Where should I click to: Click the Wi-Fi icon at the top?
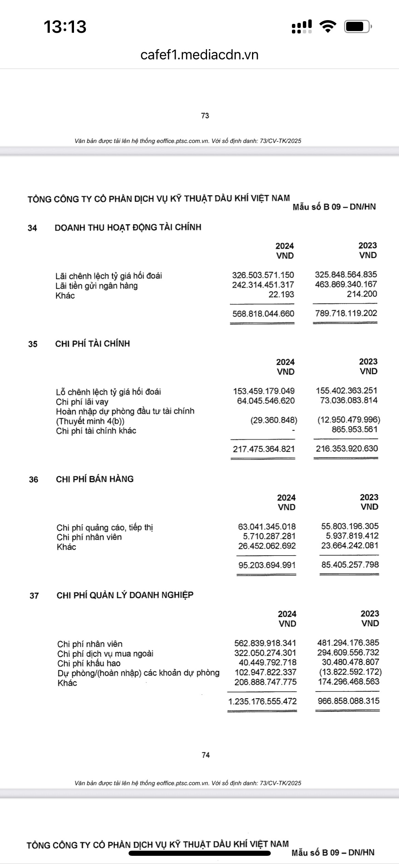(328, 27)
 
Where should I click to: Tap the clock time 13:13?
(65, 27)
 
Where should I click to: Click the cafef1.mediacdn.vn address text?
(199, 55)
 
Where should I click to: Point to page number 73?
(205, 116)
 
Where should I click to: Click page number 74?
(206, 755)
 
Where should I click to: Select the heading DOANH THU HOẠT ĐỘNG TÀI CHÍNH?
(128, 227)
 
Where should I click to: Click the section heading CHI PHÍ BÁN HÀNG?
(95, 479)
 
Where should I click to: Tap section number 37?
(34, 596)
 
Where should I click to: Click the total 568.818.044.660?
(263, 314)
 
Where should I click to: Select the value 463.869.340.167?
(346, 284)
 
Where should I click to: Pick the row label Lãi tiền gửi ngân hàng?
(97, 286)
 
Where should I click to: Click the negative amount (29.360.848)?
(274, 420)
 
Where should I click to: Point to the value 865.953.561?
(355, 429)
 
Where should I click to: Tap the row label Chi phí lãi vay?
(82, 402)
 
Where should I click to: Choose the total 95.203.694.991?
(267, 565)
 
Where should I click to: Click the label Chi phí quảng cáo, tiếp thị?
(105, 528)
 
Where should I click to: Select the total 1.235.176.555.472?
(263, 701)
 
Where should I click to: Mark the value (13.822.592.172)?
(350, 672)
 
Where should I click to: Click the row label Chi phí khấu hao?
(89, 663)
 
